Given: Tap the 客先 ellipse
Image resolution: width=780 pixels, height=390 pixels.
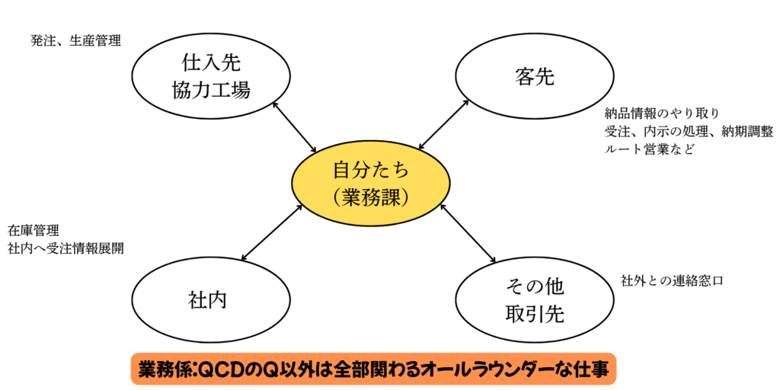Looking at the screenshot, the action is coord(534,77).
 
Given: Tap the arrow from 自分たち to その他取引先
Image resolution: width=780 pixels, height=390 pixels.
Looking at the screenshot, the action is coord(467,233).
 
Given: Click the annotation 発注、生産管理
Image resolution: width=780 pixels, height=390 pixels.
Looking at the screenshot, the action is coord(75,41).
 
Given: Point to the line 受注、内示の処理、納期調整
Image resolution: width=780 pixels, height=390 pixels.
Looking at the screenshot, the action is coord(689,131).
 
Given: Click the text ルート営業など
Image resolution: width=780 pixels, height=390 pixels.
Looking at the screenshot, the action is coord(648,149).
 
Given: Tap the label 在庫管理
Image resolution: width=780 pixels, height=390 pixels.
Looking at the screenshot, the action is coord(34,231).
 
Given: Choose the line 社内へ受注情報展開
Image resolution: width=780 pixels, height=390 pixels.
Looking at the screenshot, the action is coord(66,249).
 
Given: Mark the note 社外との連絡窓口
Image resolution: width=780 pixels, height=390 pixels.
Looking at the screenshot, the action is coord(672,280).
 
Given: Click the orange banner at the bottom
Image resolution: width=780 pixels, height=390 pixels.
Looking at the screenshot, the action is coord(373,369).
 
